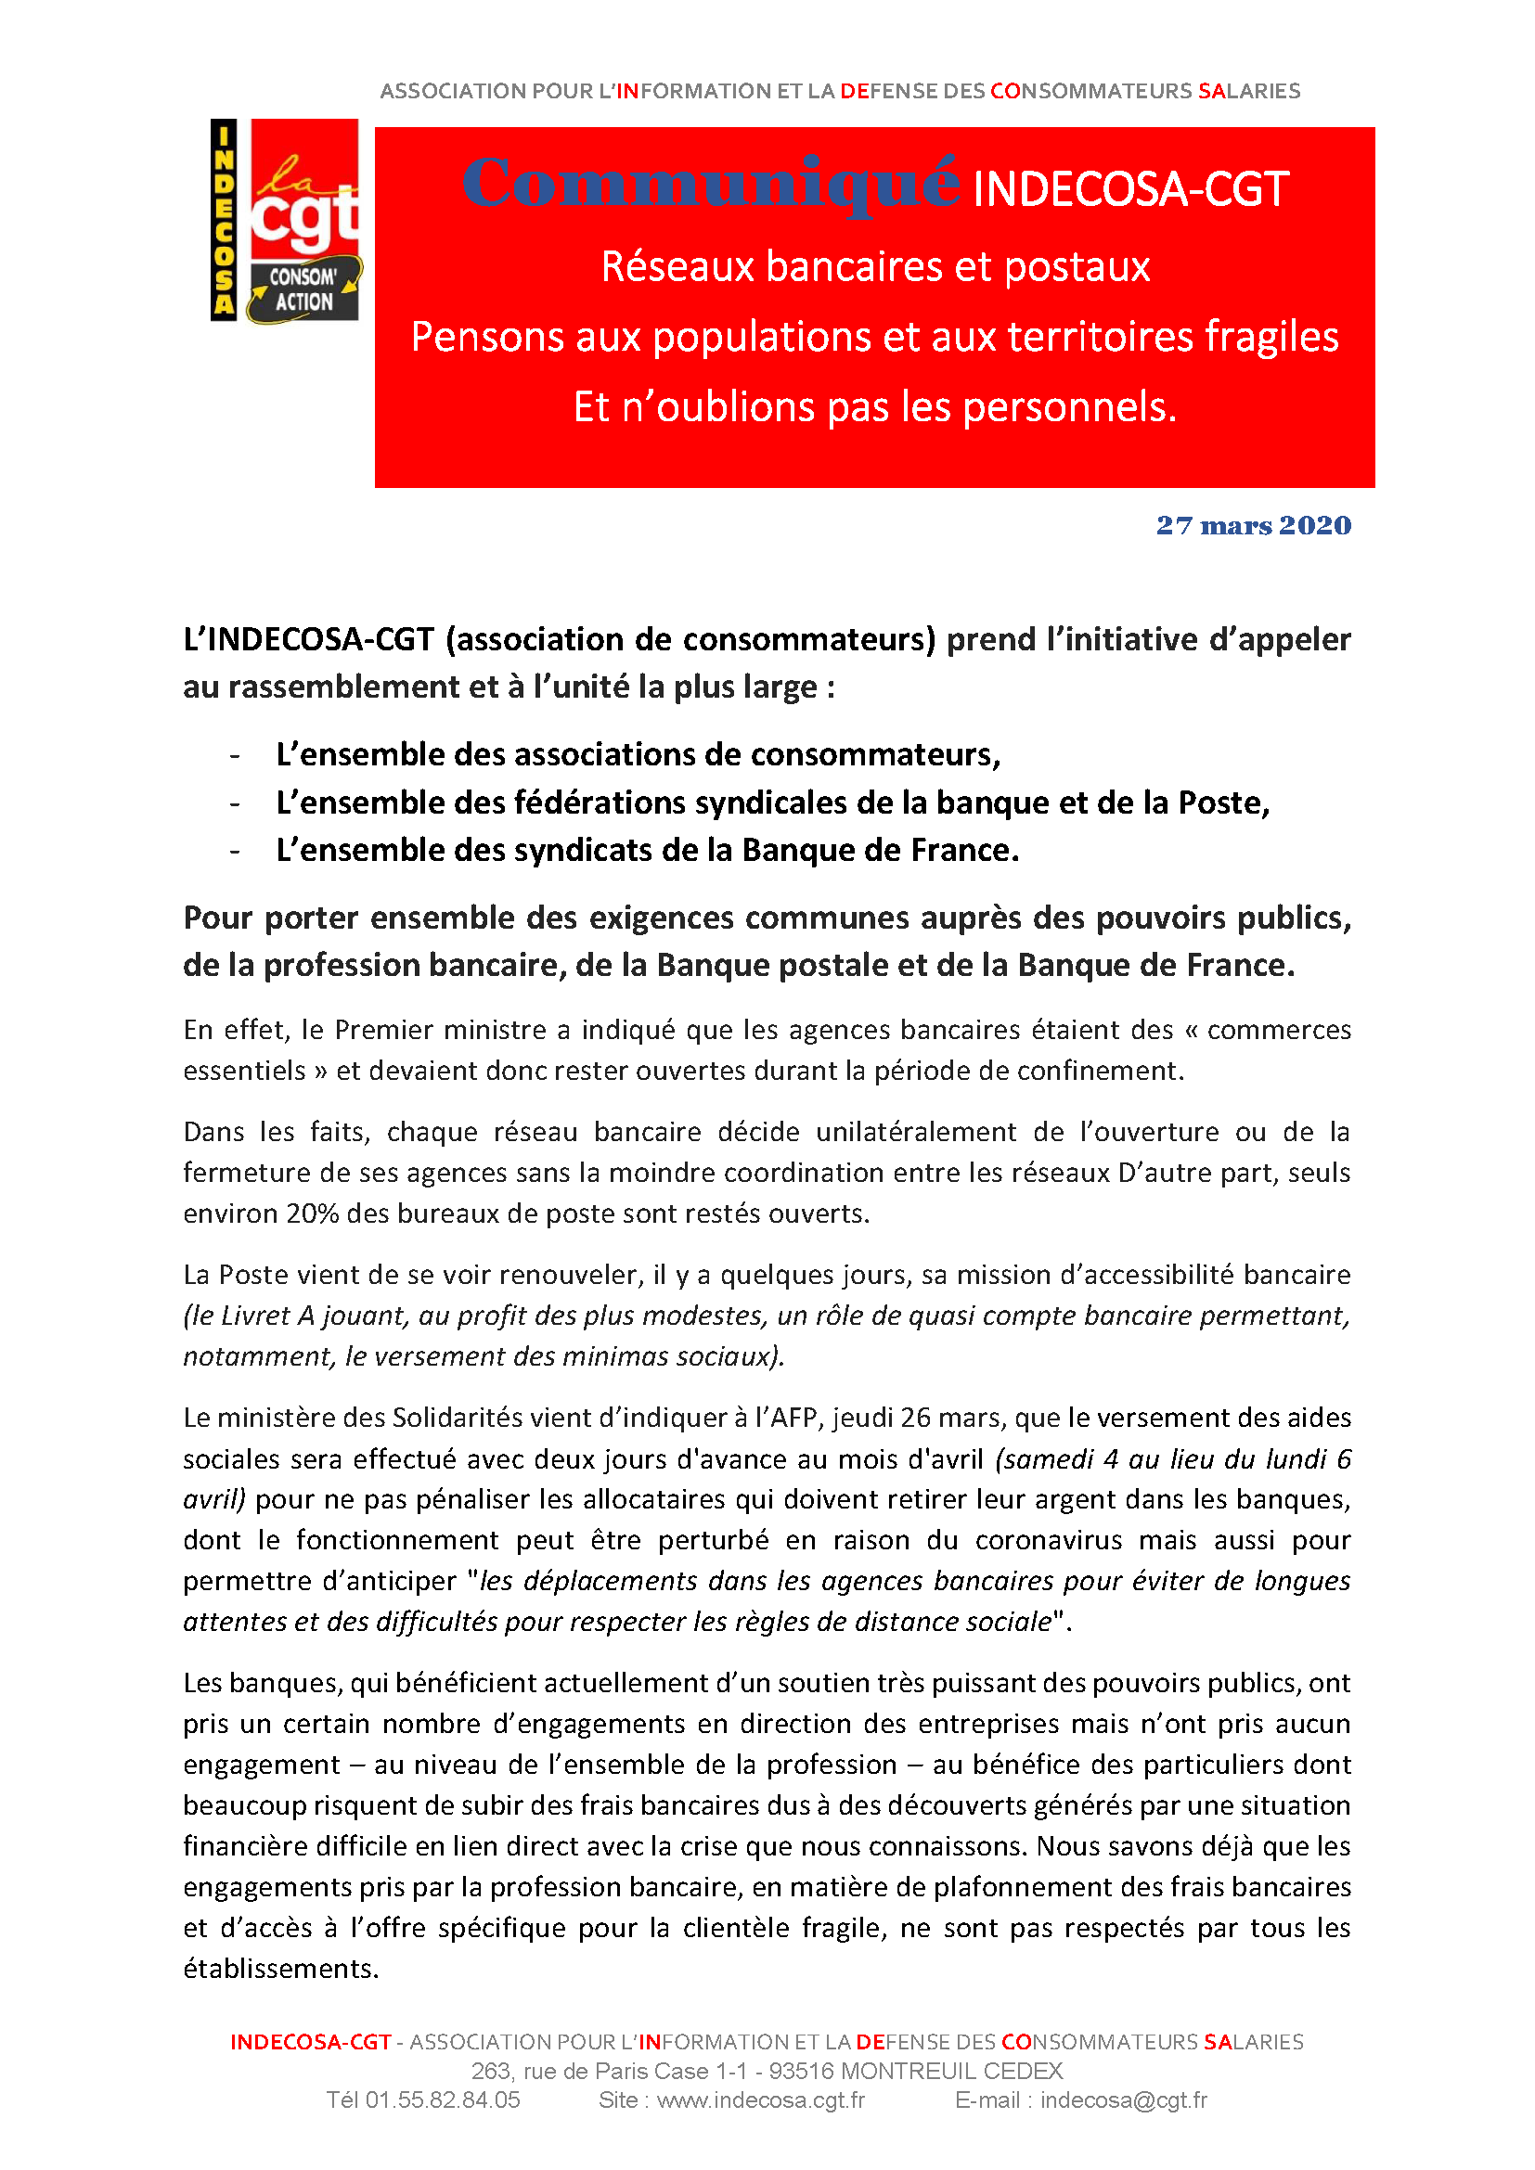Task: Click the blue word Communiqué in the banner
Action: click(x=711, y=183)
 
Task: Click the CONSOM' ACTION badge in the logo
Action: click(x=303, y=290)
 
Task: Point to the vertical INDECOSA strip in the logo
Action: click(x=223, y=219)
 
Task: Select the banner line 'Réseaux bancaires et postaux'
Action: click(x=875, y=266)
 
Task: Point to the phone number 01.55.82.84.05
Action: click(x=443, y=2100)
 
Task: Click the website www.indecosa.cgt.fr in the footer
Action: click(x=761, y=2100)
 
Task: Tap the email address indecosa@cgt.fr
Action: click(x=1124, y=2100)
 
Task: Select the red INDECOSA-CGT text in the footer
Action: click(x=311, y=2041)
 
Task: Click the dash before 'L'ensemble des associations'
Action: click(x=235, y=755)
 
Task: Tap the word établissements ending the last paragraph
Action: click(x=279, y=1969)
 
